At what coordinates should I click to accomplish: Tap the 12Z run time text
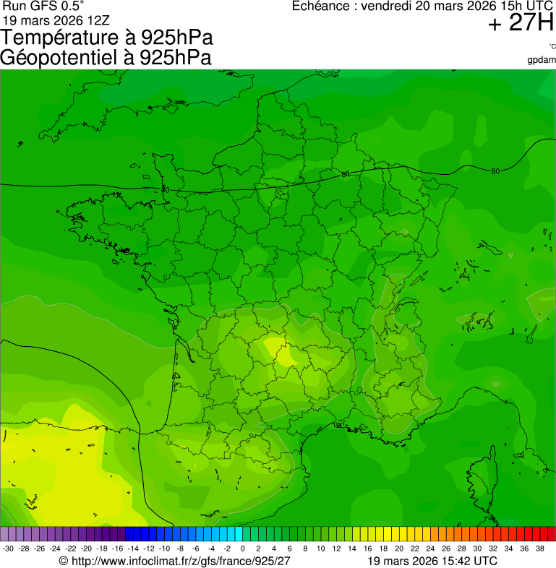tap(95, 20)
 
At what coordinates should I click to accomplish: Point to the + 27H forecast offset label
tap(520, 24)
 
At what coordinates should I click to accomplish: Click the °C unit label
tap(552, 47)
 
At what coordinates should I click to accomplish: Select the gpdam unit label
tap(542, 60)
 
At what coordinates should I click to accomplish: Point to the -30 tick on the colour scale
tap(8, 549)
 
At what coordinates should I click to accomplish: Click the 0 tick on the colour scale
tap(243, 549)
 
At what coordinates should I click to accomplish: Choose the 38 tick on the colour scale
tap(539, 549)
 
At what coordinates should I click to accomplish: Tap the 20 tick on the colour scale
tap(399, 549)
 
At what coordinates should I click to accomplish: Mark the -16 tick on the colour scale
tap(117, 549)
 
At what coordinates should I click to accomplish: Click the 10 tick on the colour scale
tap(321, 549)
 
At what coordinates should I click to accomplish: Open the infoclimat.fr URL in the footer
tap(181, 561)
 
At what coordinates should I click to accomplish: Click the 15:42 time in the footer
tap(456, 561)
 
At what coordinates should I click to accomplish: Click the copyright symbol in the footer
tap(64, 561)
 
